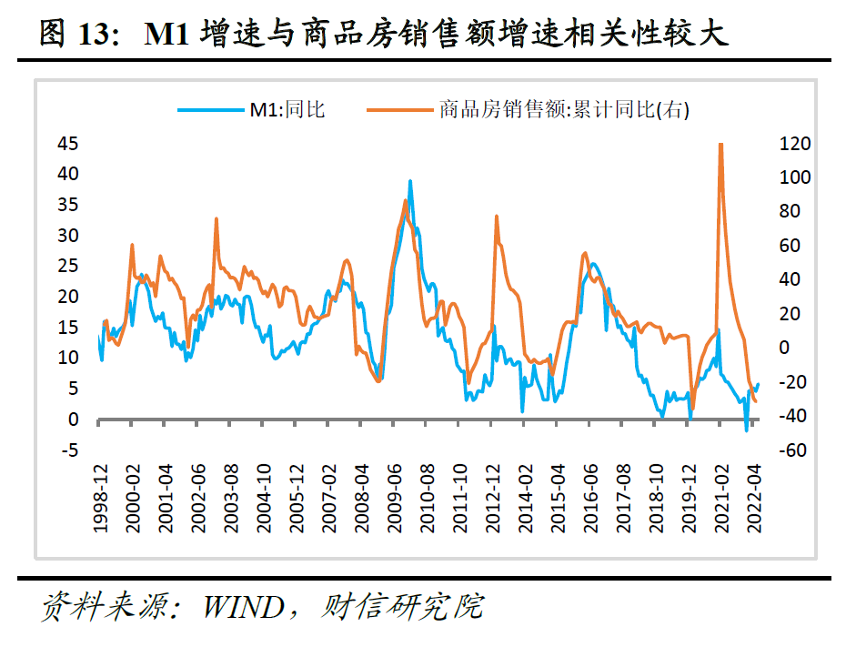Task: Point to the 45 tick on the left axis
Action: (68, 144)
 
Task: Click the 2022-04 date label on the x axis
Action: (752, 497)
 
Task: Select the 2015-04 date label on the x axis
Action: (556, 497)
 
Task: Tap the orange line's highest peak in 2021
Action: (720, 144)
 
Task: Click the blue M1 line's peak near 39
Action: (410, 181)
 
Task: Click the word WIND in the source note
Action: (243, 606)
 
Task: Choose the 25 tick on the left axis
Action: (68, 267)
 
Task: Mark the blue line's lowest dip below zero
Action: (747, 430)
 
